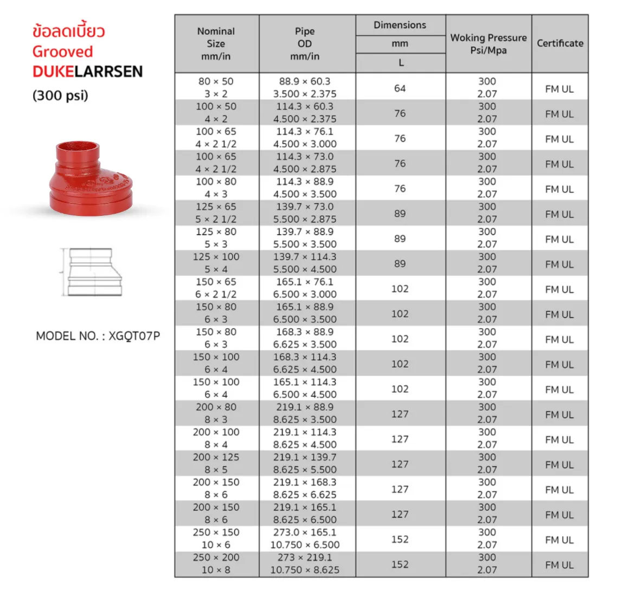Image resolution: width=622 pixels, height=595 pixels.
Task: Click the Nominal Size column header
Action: [x=216, y=44]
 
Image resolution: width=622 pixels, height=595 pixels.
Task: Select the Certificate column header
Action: [x=560, y=43]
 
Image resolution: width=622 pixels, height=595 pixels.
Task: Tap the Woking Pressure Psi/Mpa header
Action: [x=488, y=44]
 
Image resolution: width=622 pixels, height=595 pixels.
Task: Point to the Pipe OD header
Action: [x=305, y=44]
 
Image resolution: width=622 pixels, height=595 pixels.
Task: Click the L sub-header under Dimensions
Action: [x=401, y=63]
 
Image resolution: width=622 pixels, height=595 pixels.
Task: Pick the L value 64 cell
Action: [x=400, y=88]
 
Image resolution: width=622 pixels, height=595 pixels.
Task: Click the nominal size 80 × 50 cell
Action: [x=216, y=87]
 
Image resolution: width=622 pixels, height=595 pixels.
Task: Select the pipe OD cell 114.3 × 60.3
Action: [x=305, y=113]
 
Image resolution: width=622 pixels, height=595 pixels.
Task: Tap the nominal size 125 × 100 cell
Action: [x=216, y=263]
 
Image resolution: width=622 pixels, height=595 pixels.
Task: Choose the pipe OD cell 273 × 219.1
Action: [x=305, y=564]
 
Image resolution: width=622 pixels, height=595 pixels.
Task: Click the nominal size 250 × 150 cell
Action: [x=216, y=539]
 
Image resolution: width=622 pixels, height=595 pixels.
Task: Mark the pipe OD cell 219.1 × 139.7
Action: [x=305, y=463]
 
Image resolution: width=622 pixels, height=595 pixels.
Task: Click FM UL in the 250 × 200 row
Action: [x=559, y=565]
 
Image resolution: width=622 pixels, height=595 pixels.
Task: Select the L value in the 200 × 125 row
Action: [x=400, y=464]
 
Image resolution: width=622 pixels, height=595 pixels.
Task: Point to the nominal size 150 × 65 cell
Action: [x=216, y=288]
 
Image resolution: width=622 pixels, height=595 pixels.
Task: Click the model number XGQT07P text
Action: [x=98, y=336]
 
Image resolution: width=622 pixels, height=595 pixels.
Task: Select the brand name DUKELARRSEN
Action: [x=88, y=72]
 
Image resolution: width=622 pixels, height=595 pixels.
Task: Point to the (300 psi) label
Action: [x=60, y=95]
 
